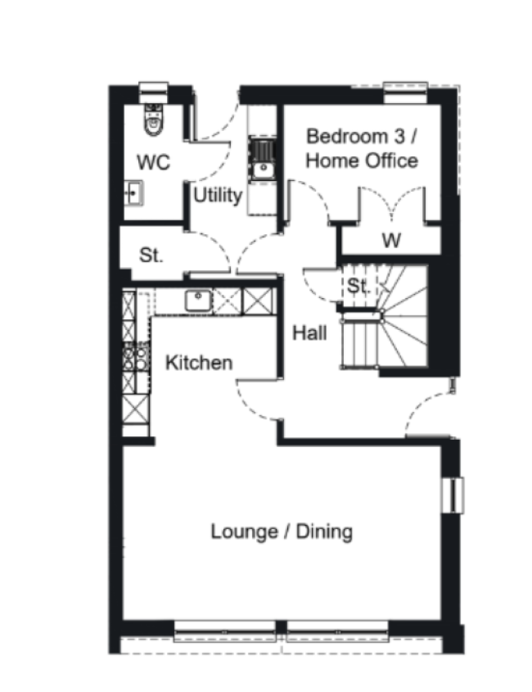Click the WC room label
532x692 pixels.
coord(154,163)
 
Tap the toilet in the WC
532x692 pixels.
coord(153,120)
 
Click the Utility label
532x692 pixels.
coord(218,196)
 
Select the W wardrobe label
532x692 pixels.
coord(392,241)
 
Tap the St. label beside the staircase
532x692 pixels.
coord(358,287)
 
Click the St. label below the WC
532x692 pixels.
coord(151,255)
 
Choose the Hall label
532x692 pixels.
coord(310,332)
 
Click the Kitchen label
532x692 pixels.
coord(199,362)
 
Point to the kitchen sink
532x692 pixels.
coord(199,301)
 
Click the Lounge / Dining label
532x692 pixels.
coord(282,531)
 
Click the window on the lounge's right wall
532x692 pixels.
coord(452,493)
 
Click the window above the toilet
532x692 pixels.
coord(153,88)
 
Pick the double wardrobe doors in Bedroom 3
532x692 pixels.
coord(392,206)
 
